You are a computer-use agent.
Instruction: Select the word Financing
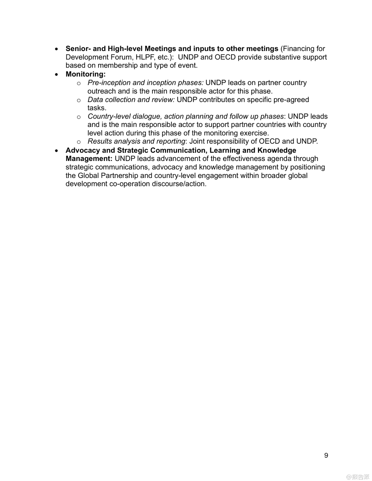pos(299,49)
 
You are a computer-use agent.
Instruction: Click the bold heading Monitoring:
pos(86,74)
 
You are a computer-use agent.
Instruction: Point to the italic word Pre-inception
pos(109,83)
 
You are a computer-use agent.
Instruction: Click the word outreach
pos(101,91)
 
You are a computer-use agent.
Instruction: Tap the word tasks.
pos(97,108)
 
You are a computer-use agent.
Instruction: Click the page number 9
pos(326,455)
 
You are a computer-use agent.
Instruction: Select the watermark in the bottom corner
pos(358,477)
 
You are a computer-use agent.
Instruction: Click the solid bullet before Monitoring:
pos(57,74)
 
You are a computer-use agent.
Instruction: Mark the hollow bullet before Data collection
pos(79,100)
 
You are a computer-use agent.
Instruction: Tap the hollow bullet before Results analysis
pos(79,142)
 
